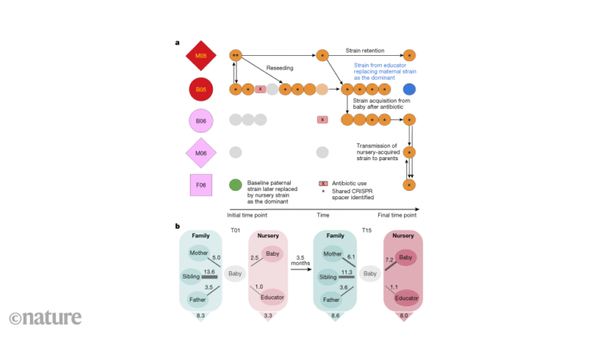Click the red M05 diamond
point(200,55)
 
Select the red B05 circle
point(200,90)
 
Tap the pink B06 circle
point(200,120)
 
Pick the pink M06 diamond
point(200,152)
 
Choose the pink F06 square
point(200,185)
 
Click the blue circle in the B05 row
point(409,90)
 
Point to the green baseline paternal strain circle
point(236,185)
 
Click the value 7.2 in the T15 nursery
point(390,261)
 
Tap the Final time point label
point(400,215)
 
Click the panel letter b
point(178,226)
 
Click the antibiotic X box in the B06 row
point(322,120)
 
